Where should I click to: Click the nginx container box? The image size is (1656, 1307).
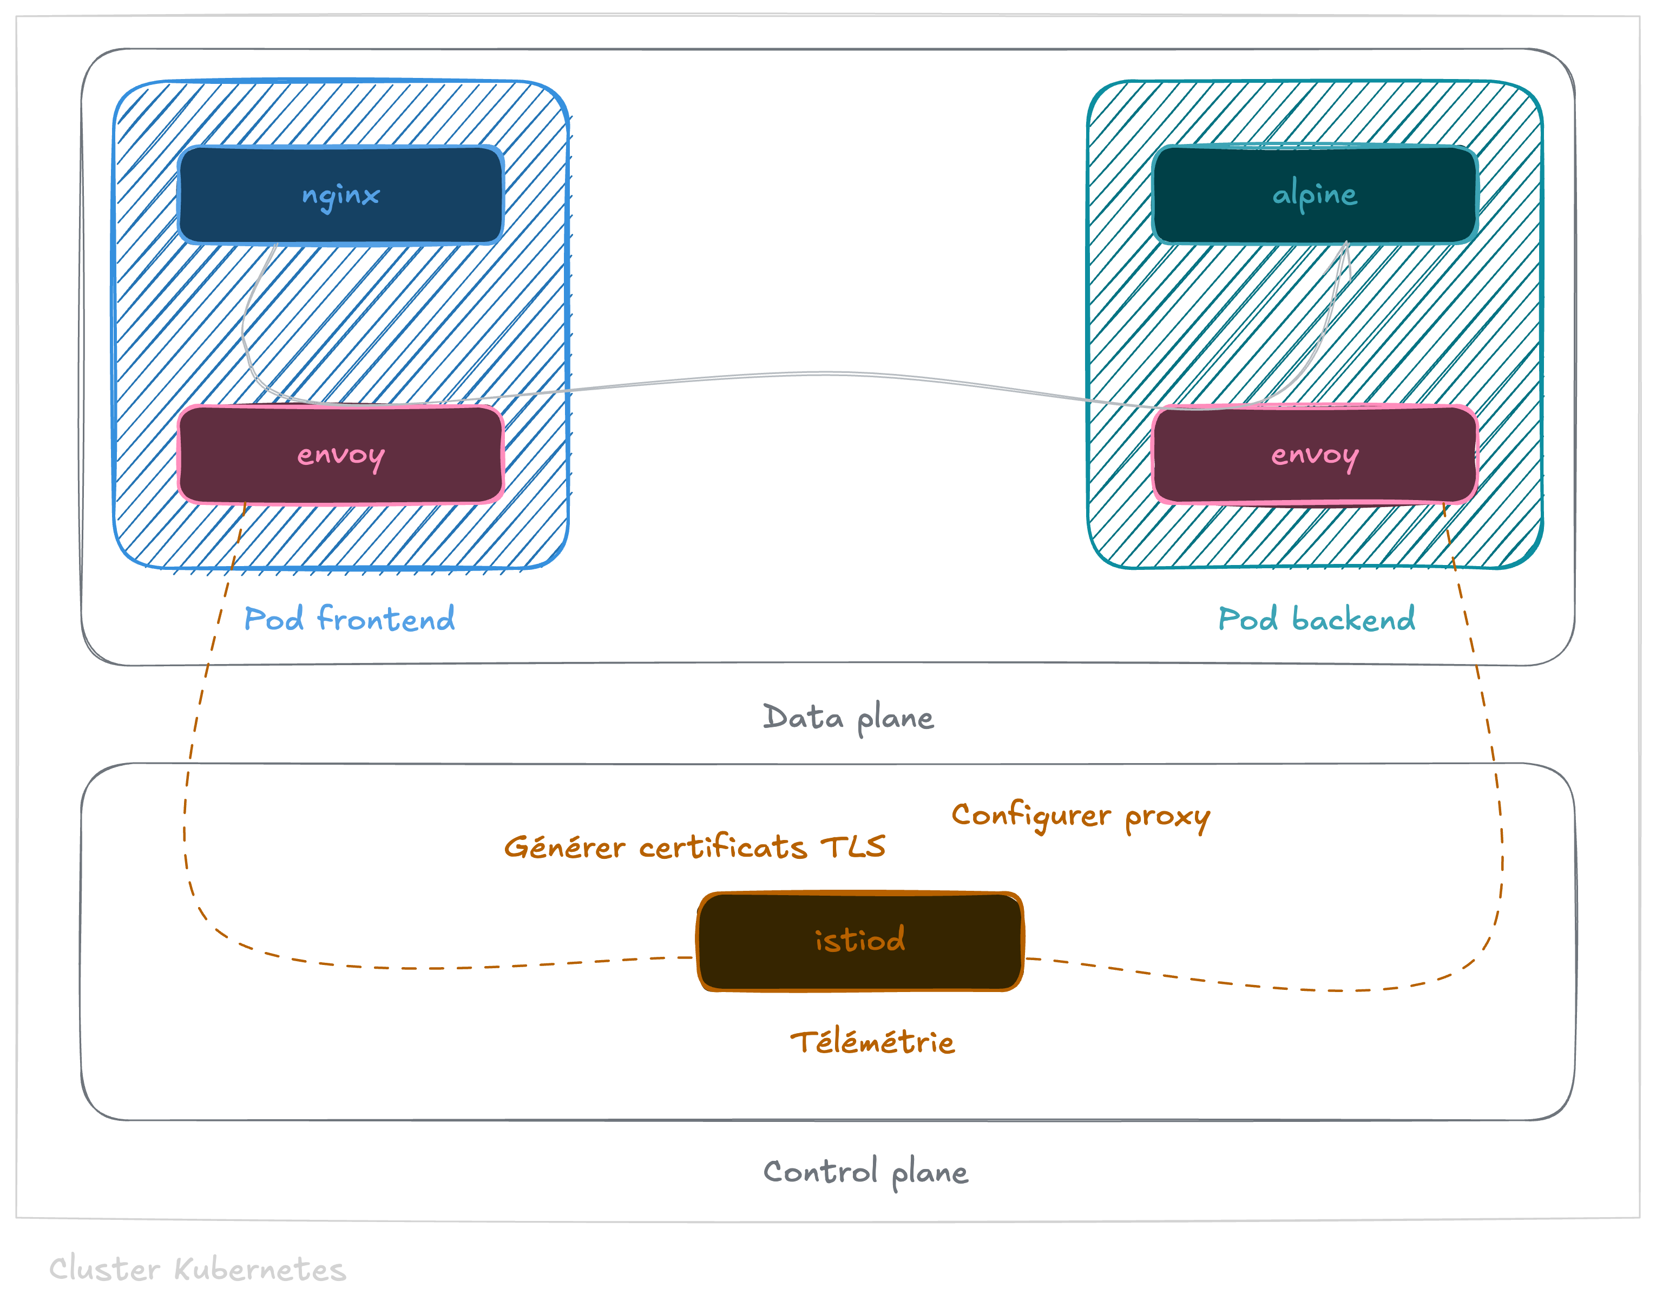[340, 195]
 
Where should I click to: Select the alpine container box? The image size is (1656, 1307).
[1315, 195]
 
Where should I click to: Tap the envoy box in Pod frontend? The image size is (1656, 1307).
[340, 455]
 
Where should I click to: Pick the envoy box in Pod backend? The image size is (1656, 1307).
[1315, 455]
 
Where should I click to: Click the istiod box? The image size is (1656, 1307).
[860, 941]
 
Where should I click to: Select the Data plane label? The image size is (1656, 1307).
[848, 718]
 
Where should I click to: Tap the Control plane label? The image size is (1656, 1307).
[865, 1172]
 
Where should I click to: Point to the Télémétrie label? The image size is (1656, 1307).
[872, 1042]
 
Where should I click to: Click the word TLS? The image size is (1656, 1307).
[853, 847]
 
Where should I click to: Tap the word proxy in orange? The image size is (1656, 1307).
[1167, 817]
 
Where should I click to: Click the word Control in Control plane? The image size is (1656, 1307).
[819, 1172]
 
